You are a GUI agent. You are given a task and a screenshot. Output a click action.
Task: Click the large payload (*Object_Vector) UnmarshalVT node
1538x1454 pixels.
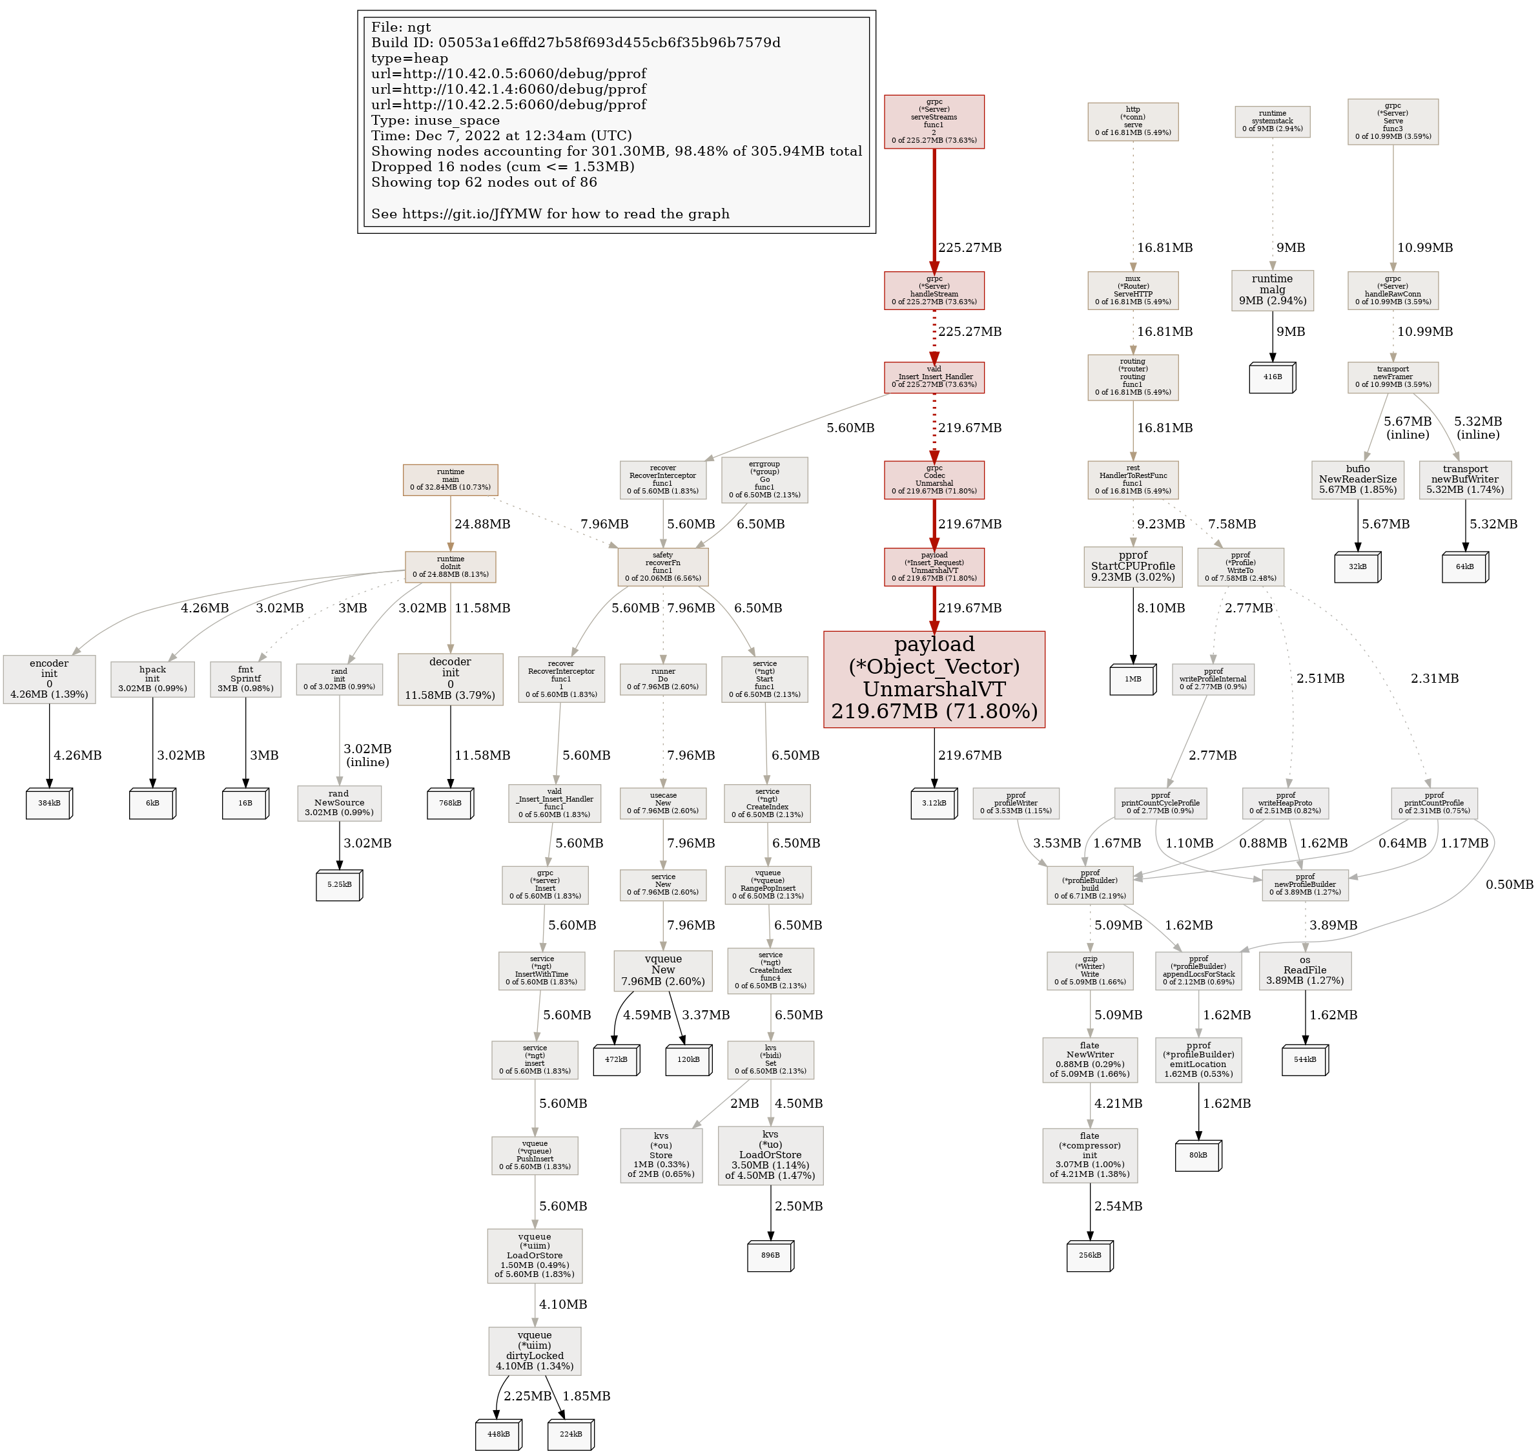tap(934, 679)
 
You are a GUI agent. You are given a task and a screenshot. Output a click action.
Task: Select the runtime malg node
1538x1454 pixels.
tap(1271, 290)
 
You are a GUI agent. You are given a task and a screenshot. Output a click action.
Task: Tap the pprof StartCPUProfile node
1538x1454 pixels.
tap(1132, 566)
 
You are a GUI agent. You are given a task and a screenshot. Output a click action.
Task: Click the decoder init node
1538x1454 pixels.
tap(450, 679)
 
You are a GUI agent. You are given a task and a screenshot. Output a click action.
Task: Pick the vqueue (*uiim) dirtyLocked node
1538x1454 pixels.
tap(535, 1351)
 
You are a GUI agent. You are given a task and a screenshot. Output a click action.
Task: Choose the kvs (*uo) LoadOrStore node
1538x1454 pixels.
tap(770, 1155)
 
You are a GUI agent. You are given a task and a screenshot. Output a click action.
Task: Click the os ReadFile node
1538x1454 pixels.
tap(1305, 970)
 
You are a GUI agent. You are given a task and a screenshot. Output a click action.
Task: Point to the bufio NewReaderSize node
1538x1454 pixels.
tap(1357, 479)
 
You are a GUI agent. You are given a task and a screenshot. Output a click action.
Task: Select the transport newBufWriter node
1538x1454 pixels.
tap(1464, 479)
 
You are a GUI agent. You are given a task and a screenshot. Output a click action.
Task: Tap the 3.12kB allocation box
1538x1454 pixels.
tap(934, 803)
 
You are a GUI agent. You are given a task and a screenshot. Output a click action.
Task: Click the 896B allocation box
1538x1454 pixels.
tap(770, 1255)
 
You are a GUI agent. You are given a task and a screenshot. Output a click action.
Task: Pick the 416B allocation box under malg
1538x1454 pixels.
tap(1271, 377)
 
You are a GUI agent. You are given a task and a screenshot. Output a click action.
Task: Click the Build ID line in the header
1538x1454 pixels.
tap(576, 43)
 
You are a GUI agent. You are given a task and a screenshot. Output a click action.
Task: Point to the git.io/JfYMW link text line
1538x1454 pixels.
tap(550, 214)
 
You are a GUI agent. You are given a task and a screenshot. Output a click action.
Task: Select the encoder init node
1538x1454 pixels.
tap(49, 679)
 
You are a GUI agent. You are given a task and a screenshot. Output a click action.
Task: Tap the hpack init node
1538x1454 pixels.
tap(152, 679)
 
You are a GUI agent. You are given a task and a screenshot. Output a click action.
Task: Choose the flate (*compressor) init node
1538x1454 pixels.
tap(1089, 1155)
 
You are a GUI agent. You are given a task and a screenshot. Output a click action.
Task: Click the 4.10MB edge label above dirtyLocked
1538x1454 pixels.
tap(562, 1304)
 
